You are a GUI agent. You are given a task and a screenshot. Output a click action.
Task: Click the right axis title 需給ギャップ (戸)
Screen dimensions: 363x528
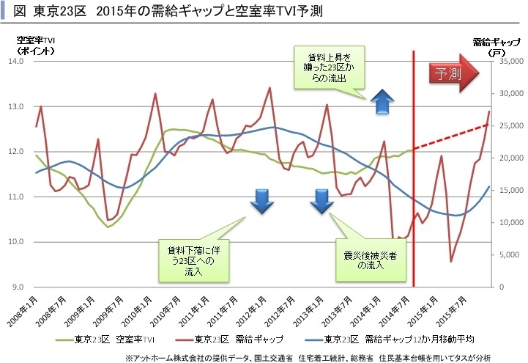pyautogui.click(x=486, y=45)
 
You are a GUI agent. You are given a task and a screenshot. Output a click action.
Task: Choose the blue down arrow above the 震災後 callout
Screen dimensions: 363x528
pyautogui.click(x=321, y=200)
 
